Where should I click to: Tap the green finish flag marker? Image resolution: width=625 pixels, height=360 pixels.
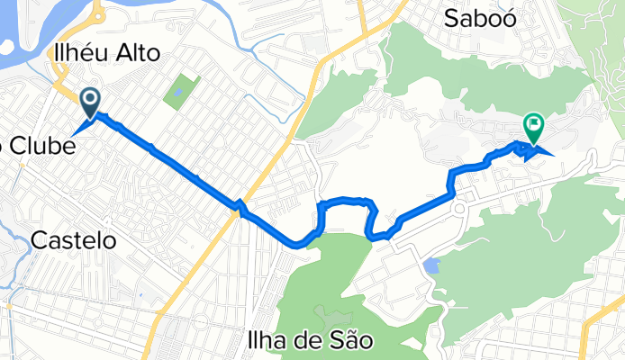coord(533,128)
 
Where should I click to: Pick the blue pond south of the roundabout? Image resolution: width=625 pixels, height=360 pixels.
coord(431,266)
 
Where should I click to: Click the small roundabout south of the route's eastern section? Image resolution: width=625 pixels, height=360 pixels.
coord(460,211)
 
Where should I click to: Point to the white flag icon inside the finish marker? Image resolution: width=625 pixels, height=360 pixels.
coord(533,124)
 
